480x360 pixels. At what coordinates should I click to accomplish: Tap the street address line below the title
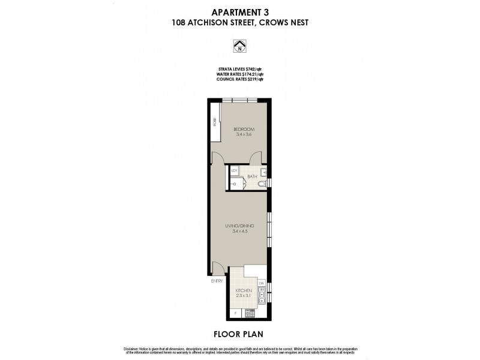coord(240,23)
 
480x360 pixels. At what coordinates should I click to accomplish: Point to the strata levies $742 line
coord(240,69)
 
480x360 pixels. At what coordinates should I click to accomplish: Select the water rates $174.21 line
coord(240,74)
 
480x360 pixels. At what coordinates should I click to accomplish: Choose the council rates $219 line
coord(240,79)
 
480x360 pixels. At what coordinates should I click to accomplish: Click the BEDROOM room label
coord(244,129)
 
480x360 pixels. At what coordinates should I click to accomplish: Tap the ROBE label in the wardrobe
coord(214,124)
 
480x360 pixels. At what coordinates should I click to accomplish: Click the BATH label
coord(251,176)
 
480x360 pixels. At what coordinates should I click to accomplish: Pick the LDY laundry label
coord(235,170)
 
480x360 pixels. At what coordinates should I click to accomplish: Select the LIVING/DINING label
coord(240,226)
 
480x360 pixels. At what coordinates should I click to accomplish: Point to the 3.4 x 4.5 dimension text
coord(240,232)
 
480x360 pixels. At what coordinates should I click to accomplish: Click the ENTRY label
coord(217,280)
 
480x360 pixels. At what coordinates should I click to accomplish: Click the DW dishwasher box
coord(262,283)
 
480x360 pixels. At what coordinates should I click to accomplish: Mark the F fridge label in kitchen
coord(235,313)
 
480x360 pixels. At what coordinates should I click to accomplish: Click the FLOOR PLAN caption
coord(240,332)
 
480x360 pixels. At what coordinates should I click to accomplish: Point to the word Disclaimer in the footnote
coord(133,349)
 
